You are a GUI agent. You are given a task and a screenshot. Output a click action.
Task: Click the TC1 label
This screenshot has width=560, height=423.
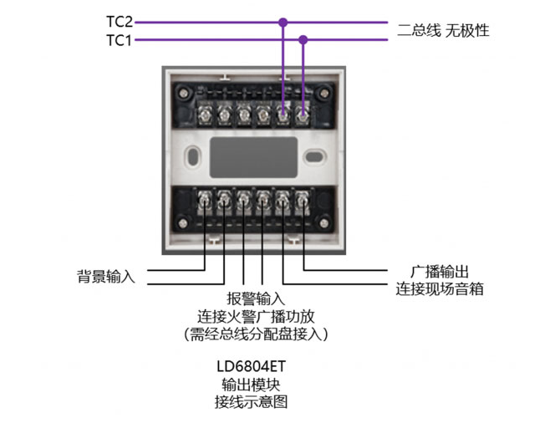click(x=120, y=40)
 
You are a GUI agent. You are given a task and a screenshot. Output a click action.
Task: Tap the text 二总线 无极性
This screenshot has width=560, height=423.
click(x=443, y=31)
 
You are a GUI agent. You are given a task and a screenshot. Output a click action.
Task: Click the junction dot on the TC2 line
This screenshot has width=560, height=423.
click(x=283, y=23)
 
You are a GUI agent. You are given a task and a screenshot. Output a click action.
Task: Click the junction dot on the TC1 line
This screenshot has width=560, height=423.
click(x=303, y=39)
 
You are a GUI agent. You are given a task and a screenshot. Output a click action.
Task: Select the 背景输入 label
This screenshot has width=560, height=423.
click(x=105, y=275)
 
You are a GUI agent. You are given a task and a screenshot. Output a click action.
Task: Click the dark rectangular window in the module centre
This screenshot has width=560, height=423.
click(x=252, y=155)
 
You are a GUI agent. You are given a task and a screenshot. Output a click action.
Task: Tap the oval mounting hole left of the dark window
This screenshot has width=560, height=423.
click(x=192, y=155)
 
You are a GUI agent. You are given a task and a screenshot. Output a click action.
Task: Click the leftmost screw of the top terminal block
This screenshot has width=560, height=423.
click(x=204, y=110)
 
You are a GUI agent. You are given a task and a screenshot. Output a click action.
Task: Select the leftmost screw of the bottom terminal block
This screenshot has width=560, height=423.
click(x=204, y=199)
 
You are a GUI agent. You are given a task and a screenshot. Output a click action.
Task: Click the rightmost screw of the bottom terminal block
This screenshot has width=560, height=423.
click(x=303, y=199)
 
